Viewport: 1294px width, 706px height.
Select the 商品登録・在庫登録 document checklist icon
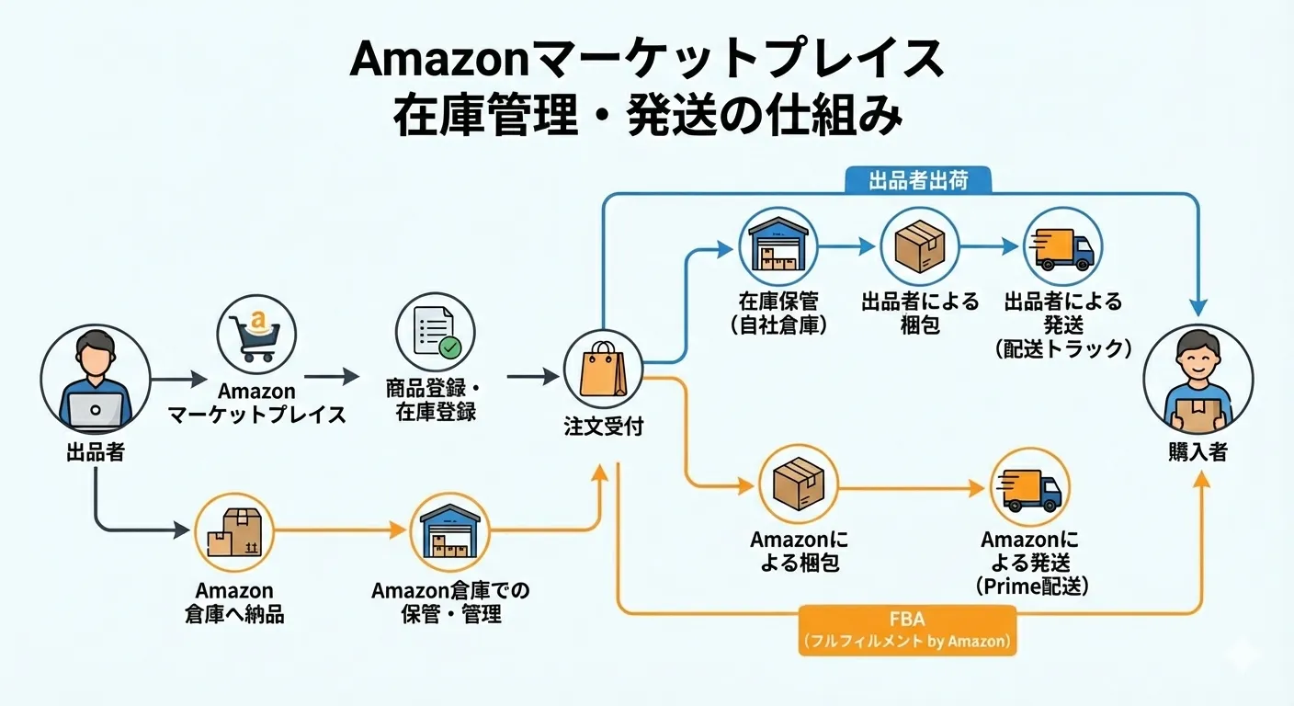pyautogui.click(x=435, y=334)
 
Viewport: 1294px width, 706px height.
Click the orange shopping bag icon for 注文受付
pyautogui.click(x=603, y=369)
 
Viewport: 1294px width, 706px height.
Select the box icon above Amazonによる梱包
pyautogui.click(x=798, y=484)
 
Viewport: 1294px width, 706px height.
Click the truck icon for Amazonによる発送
pyautogui.click(x=1030, y=488)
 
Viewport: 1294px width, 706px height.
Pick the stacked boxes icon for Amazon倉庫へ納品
pyautogui.click(x=234, y=532)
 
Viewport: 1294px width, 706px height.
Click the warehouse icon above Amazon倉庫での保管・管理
pyautogui.click(x=450, y=532)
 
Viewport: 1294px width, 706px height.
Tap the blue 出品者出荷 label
pyautogui.click(x=918, y=180)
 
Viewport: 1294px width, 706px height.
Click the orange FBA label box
pyautogui.click(x=907, y=630)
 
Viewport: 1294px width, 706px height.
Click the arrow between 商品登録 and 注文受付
pyautogui.click(x=533, y=376)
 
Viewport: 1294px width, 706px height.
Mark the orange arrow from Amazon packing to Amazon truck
pyautogui.click(x=910, y=490)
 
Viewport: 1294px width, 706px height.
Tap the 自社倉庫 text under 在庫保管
pyautogui.click(x=778, y=325)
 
